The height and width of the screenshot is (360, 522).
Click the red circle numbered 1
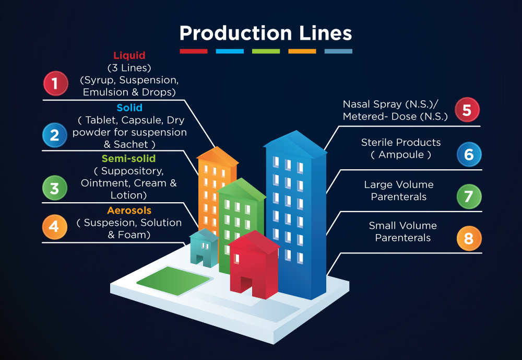[55, 84]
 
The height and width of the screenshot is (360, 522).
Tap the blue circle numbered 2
[55, 135]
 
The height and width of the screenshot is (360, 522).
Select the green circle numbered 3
[55, 188]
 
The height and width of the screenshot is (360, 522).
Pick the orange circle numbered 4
[55, 227]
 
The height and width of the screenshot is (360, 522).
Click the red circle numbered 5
[467, 110]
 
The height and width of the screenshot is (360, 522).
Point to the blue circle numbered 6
[469, 154]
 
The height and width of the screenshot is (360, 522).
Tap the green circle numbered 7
[469, 196]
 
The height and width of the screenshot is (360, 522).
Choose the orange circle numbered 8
[469, 239]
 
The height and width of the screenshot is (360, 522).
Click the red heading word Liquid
[129, 55]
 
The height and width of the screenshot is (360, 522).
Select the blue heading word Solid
[129, 108]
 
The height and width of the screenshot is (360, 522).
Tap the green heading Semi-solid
[128, 158]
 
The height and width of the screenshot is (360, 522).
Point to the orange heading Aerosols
[129, 211]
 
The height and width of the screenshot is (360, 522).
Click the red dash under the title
[194, 51]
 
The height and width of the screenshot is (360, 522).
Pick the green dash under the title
[266, 51]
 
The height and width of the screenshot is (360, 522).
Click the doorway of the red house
[246, 285]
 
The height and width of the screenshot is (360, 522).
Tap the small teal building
[204, 248]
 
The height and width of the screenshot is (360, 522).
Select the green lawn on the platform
[173, 280]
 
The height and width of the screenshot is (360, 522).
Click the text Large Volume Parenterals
[399, 191]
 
